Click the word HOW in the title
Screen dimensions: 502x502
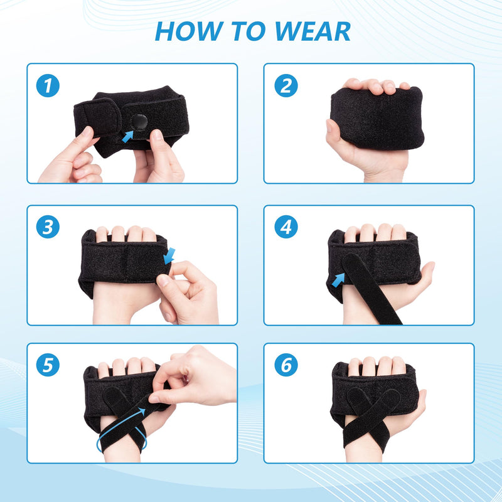point(187,31)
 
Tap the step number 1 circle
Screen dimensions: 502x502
point(48,85)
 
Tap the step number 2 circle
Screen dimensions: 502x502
point(286,85)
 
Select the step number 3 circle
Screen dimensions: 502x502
point(48,227)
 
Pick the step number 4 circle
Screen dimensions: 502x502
point(286,227)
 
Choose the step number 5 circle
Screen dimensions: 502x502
point(48,365)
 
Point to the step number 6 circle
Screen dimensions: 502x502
point(286,365)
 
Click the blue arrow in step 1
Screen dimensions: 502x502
point(129,135)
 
